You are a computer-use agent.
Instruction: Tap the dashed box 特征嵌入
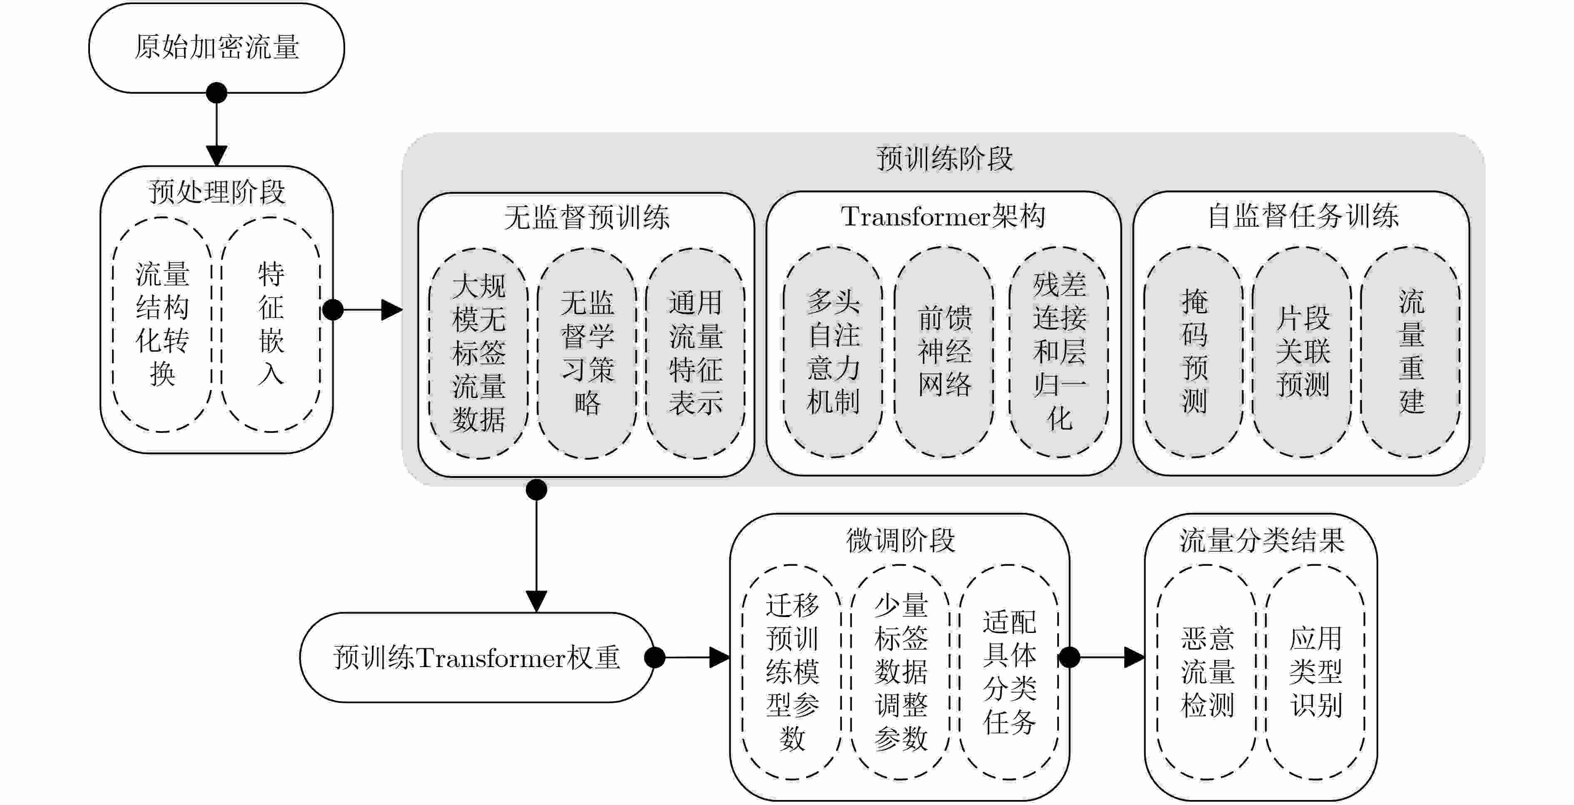pyautogui.click(x=271, y=324)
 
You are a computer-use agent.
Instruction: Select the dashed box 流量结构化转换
pyautogui.click(x=162, y=324)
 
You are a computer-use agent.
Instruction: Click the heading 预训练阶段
pyautogui.click(x=944, y=159)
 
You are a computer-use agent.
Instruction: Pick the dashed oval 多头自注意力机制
pyautogui.click(x=833, y=352)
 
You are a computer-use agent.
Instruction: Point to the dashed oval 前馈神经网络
pyautogui.click(x=944, y=352)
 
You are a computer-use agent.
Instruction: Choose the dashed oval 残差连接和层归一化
pyautogui.click(x=1059, y=352)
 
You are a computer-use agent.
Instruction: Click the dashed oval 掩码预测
pyautogui.click(x=1193, y=352)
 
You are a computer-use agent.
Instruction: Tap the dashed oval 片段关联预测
pyautogui.click(x=1302, y=352)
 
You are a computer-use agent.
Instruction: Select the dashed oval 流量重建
pyautogui.click(x=1411, y=352)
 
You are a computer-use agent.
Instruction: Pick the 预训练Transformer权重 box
pyautogui.click(x=477, y=657)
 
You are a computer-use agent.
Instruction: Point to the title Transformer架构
pyautogui.click(x=943, y=216)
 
